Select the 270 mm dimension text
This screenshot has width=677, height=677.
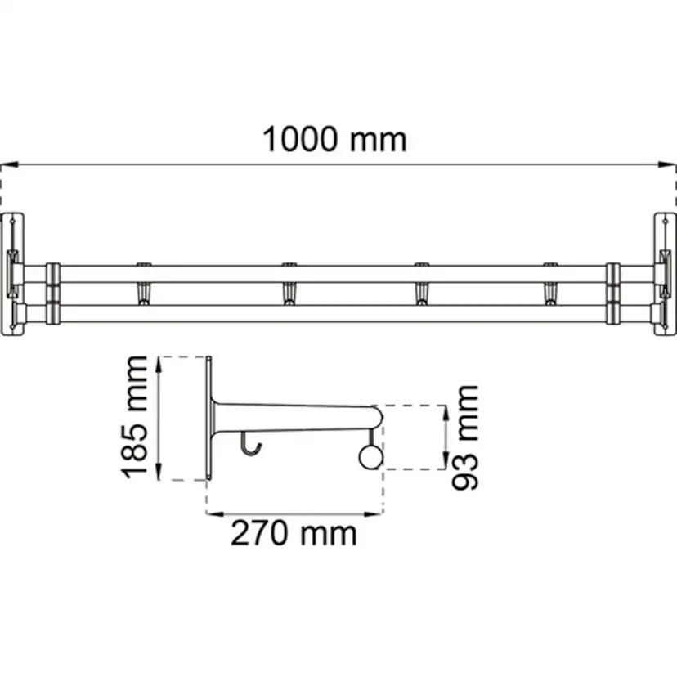pyautogui.click(x=294, y=533)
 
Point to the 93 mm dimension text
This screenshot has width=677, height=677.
pyautogui.click(x=467, y=437)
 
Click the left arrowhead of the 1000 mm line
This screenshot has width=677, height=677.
pyautogui.click(x=7, y=164)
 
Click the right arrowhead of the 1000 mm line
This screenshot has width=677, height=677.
pyautogui.click(x=670, y=164)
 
